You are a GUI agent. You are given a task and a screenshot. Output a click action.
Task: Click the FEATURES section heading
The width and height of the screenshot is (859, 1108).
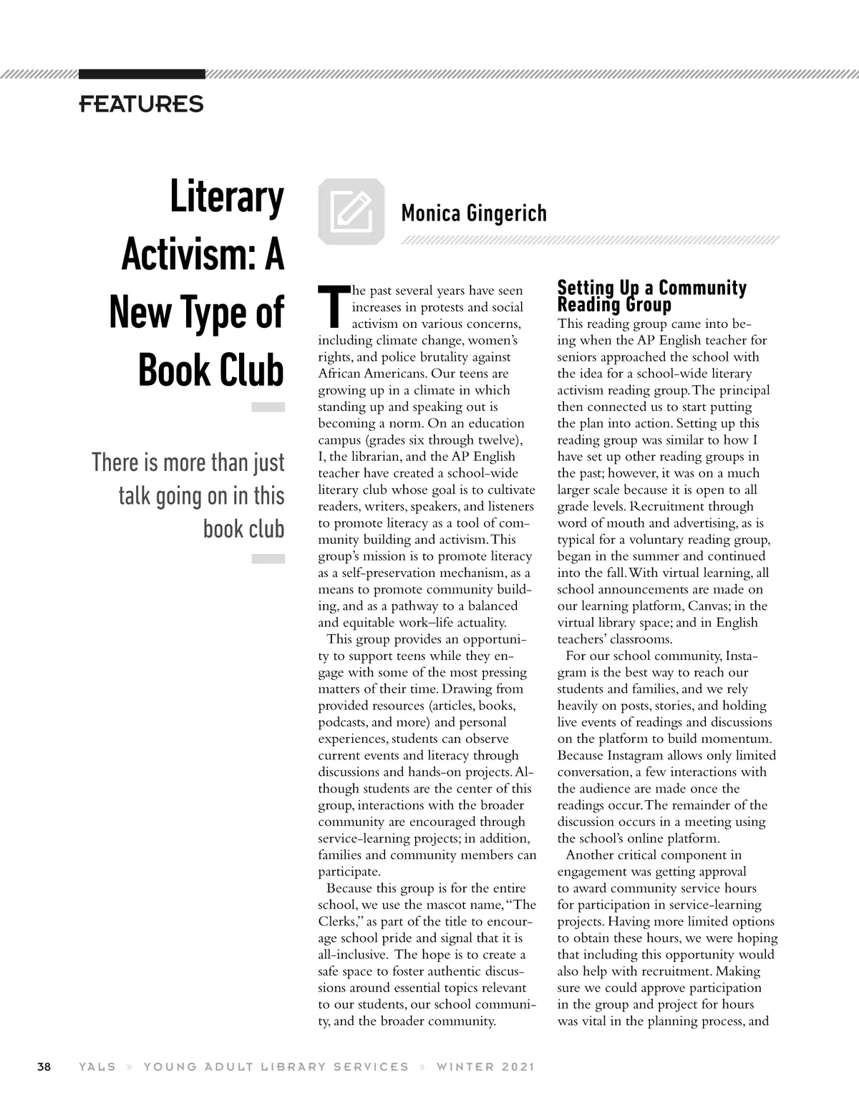141,105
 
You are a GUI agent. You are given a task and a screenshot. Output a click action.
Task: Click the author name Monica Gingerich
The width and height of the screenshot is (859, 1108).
474,213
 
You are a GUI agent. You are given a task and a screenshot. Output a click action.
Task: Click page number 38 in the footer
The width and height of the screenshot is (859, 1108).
44,1066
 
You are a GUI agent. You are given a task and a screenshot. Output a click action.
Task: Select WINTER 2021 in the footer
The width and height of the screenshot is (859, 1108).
485,1066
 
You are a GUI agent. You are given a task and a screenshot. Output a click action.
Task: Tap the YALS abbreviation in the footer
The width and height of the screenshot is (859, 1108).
97,1066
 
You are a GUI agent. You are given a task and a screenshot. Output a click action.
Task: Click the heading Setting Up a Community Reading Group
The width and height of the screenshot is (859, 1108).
651,296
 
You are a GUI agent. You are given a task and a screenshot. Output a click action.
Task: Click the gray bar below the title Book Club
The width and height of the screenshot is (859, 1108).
268,407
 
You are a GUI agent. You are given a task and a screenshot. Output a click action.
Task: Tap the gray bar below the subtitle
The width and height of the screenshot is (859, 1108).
268,558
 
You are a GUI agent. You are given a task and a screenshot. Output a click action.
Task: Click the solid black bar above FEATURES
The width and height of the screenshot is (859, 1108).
142,74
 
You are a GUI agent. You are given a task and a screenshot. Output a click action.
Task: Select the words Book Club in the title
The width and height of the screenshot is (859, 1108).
211,370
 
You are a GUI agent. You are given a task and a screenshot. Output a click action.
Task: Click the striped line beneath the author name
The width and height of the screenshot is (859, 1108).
590,240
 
